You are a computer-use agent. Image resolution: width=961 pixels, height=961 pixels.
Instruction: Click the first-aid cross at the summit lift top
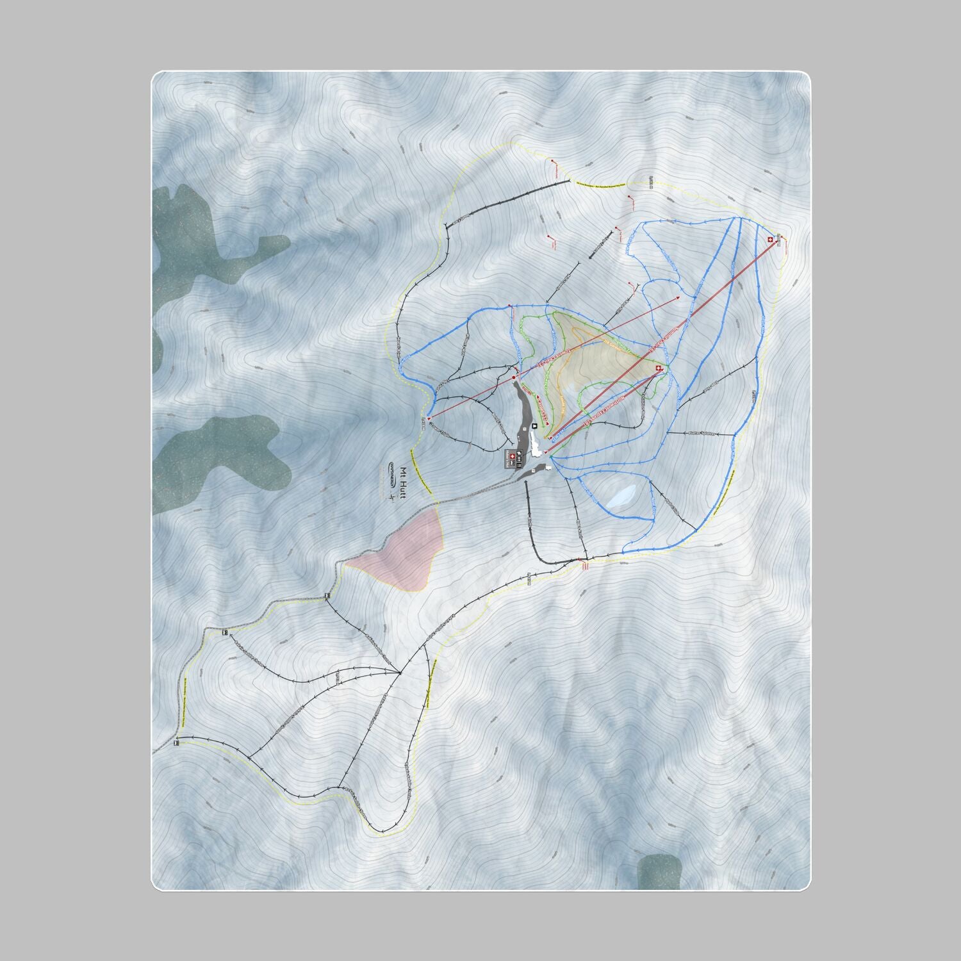[769, 240]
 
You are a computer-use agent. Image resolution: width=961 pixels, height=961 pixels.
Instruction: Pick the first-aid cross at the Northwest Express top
[658, 368]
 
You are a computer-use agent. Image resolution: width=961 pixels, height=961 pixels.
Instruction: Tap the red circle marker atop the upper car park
[514, 379]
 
